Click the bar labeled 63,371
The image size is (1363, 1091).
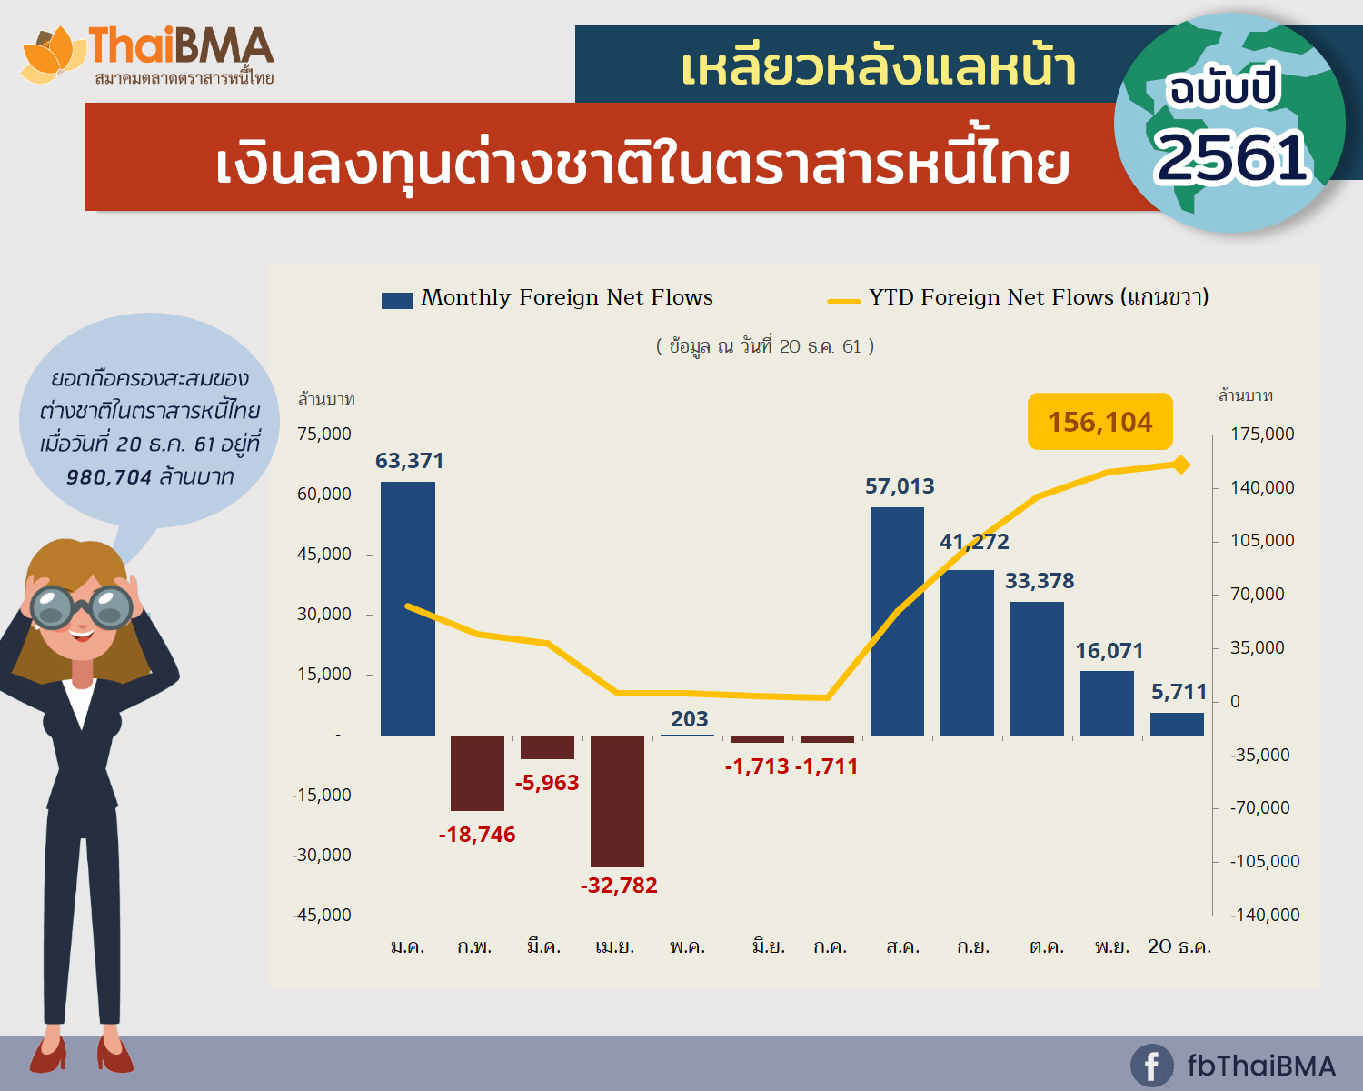(x=408, y=608)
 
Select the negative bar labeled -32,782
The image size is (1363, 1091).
(x=618, y=801)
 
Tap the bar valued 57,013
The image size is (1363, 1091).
(x=898, y=621)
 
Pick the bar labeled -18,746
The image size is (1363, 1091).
(x=478, y=774)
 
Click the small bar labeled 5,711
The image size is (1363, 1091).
(x=1177, y=725)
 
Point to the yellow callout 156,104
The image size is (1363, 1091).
(x=1100, y=422)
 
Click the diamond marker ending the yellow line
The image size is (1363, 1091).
(x=1180, y=465)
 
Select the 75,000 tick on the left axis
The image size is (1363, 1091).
(x=324, y=435)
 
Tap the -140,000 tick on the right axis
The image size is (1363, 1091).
(x=1265, y=915)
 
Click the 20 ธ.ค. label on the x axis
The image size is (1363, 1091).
(x=1179, y=946)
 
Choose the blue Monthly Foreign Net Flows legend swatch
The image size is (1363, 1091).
(x=397, y=301)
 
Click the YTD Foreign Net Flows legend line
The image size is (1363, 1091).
(x=843, y=302)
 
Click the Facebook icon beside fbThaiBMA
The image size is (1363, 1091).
(x=1151, y=1066)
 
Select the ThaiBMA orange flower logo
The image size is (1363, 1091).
(x=52, y=55)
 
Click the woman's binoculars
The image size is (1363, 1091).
(x=81, y=607)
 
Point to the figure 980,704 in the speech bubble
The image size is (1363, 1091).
(x=109, y=477)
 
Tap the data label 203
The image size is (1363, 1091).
(x=689, y=719)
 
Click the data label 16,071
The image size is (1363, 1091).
(x=1109, y=651)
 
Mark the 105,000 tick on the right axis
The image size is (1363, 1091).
(x=1262, y=540)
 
